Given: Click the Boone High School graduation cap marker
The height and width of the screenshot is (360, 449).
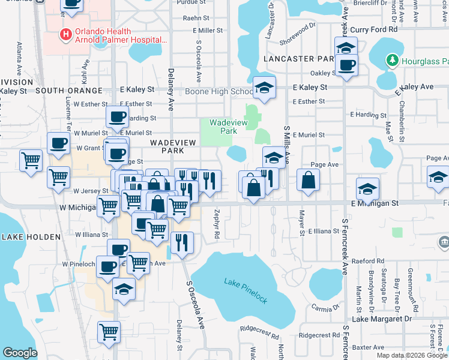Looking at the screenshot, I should coord(264,89).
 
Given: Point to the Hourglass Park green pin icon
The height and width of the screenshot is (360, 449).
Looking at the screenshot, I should coord(392,61).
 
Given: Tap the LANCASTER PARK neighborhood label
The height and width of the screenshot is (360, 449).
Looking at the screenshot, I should coord(298,59).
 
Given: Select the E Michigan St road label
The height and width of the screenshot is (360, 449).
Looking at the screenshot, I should coord(375,204).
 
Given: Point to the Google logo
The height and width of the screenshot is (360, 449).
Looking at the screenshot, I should coord(20,353).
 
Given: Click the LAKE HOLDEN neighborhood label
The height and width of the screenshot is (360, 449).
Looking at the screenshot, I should coord(31,237).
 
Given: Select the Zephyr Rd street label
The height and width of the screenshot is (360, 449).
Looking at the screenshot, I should coord(217,226).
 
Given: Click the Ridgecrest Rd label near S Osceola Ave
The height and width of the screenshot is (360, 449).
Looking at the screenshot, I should coord(261,329).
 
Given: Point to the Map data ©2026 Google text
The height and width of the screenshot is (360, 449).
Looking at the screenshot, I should coord(412,355).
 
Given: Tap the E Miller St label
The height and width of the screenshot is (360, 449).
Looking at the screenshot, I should coord(207,30).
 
